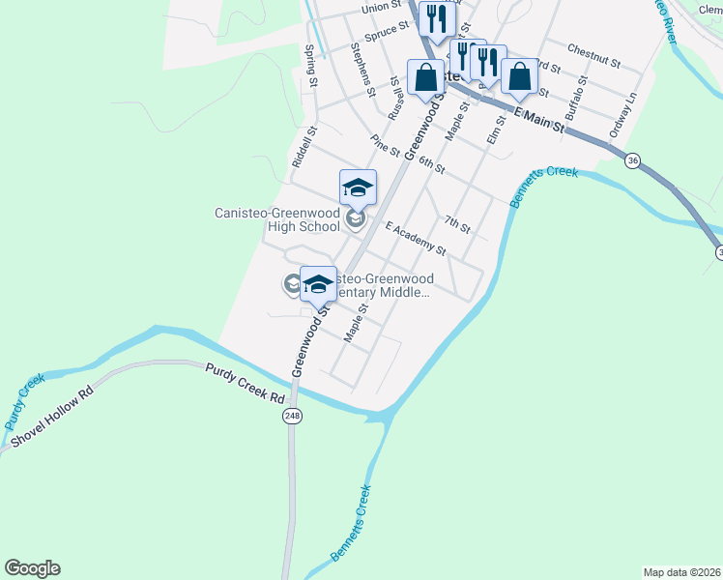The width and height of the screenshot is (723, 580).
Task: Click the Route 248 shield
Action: pyautogui.click(x=292, y=416)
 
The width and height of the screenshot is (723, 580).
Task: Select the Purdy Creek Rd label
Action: pyautogui.click(x=246, y=384)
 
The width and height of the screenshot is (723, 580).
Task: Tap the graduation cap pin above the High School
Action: pyautogui.click(x=358, y=187)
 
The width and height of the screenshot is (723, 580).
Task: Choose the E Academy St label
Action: pyautogui.click(x=415, y=240)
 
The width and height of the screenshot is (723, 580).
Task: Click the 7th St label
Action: pyautogui.click(x=457, y=226)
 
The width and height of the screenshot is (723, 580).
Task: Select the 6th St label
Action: pyautogui.click(x=431, y=164)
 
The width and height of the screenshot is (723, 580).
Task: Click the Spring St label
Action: pyautogui.click(x=311, y=66)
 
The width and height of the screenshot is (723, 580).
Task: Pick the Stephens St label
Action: pyautogui.click(x=363, y=70)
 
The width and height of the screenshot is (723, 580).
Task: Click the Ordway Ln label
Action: pyautogui.click(x=621, y=113)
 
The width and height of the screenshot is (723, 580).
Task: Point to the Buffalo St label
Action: pyautogui.click(x=575, y=101)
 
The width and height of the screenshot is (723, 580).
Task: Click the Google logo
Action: pyautogui.click(x=32, y=568)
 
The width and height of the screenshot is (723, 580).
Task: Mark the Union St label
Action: pyautogui.click(x=381, y=8)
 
